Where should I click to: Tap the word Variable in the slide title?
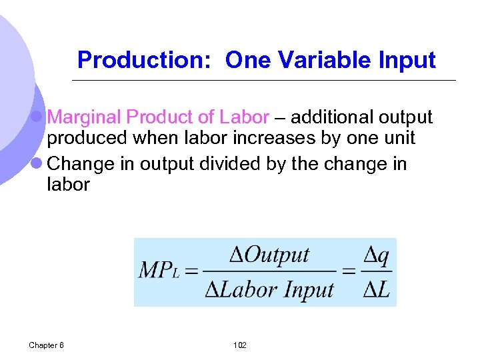(x=312, y=60)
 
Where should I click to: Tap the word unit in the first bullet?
(x=398, y=138)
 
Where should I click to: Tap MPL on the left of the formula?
(x=159, y=271)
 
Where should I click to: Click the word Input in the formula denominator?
(x=308, y=290)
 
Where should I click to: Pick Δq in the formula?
(x=376, y=255)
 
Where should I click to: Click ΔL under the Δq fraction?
(x=376, y=290)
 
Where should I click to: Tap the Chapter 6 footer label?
(x=46, y=345)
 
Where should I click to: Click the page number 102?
(x=240, y=345)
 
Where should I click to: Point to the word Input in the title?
(x=405, y=60)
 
